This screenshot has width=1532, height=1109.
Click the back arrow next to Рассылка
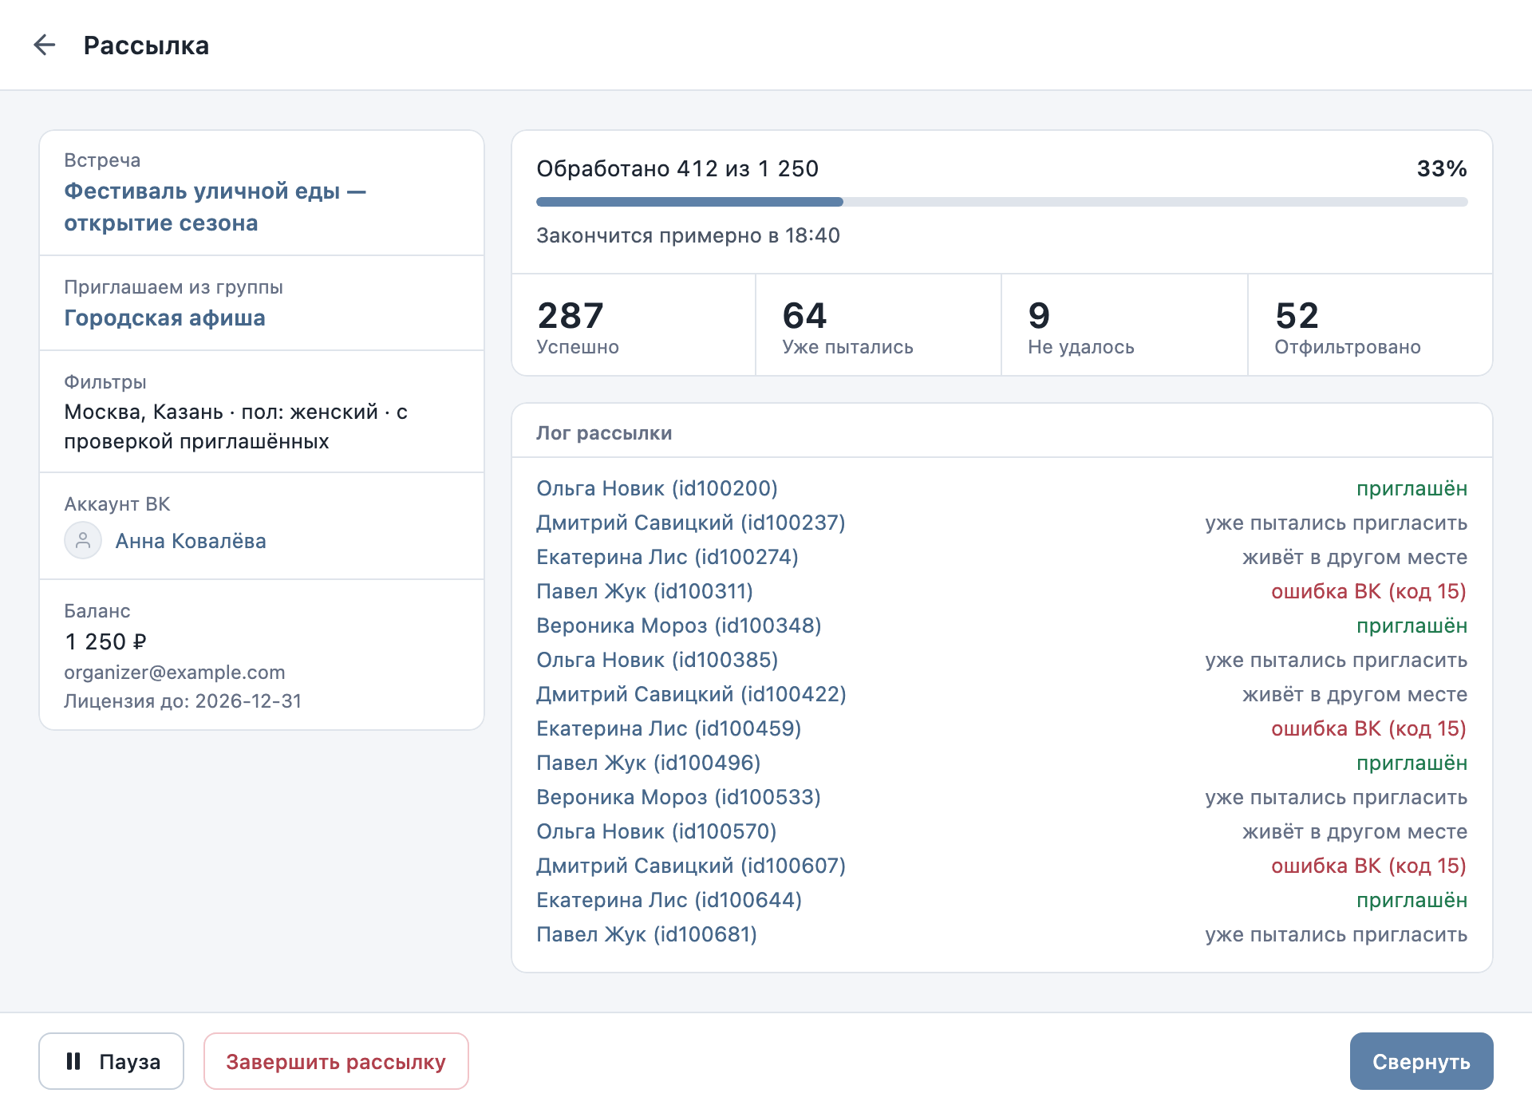point(45,45)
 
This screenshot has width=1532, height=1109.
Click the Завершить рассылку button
point(336,1061)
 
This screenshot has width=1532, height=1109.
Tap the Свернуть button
point(1421,1061)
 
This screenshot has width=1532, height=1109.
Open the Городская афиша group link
point(164,318)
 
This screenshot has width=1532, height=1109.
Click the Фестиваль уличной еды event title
point(215,207)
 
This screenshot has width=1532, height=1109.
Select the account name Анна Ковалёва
point(191,541)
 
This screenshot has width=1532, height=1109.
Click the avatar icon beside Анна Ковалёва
point(83,541)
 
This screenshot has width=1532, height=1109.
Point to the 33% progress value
point(1442,168)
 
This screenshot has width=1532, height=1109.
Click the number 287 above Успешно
point(571,316)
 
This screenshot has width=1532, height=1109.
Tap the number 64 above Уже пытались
point(804,316)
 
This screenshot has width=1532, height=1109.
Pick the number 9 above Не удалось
point(1039,316)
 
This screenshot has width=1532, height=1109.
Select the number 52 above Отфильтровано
point(1297,316)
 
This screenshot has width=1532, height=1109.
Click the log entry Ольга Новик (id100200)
point(657,488)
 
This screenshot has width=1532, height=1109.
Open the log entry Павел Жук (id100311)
point(645,591)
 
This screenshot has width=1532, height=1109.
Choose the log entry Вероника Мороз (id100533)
point(678,797)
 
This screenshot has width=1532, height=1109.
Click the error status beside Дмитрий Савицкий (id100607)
point(1369,866)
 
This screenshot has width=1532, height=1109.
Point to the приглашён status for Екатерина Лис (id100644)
point(1412,900)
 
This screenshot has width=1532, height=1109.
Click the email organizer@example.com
point(175,673)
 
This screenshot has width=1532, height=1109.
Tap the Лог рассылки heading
point(604,433)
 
